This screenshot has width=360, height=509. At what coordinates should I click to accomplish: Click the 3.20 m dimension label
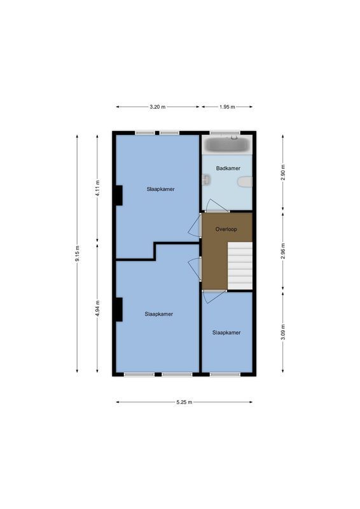tap(158, 107)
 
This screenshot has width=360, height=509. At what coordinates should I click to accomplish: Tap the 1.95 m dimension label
tap(227, 107)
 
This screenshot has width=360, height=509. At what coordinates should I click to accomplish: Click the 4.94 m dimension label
tap(97, 309)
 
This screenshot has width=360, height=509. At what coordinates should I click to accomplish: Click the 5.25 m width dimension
tap(184, 402)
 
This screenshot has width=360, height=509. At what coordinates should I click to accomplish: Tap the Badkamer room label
tap(227, 169)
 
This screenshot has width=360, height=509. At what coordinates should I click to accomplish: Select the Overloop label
tap(226, 228)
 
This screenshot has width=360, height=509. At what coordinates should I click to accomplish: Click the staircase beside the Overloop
tap(240, 265)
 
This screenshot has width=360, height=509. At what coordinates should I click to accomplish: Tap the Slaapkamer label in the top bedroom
tap(160, 189)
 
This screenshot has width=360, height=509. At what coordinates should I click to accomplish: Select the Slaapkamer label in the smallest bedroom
tap(226, 333)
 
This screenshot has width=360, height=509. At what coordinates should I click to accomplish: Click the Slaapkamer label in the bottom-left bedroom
tap(158, 314)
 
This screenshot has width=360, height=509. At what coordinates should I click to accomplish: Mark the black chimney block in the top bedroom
tap(118, 195)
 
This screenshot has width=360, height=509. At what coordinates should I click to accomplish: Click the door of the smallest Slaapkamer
tap(212, 295)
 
